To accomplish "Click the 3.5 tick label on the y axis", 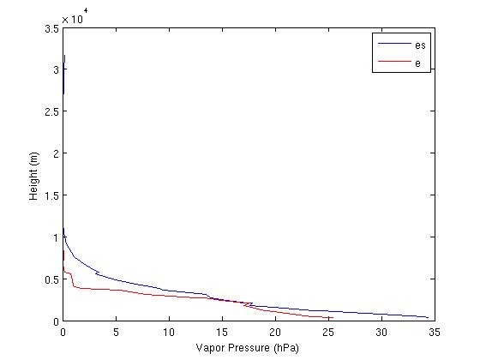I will pos(52,28).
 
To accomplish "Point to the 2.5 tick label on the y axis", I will pos(52,111).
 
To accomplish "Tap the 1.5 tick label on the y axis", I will pos(52,195).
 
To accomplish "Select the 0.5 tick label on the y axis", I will pos(52,279).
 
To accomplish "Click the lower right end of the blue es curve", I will pos(428,317).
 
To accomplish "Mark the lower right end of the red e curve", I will pos(331,317).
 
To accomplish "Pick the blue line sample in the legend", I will pos(390,44).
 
